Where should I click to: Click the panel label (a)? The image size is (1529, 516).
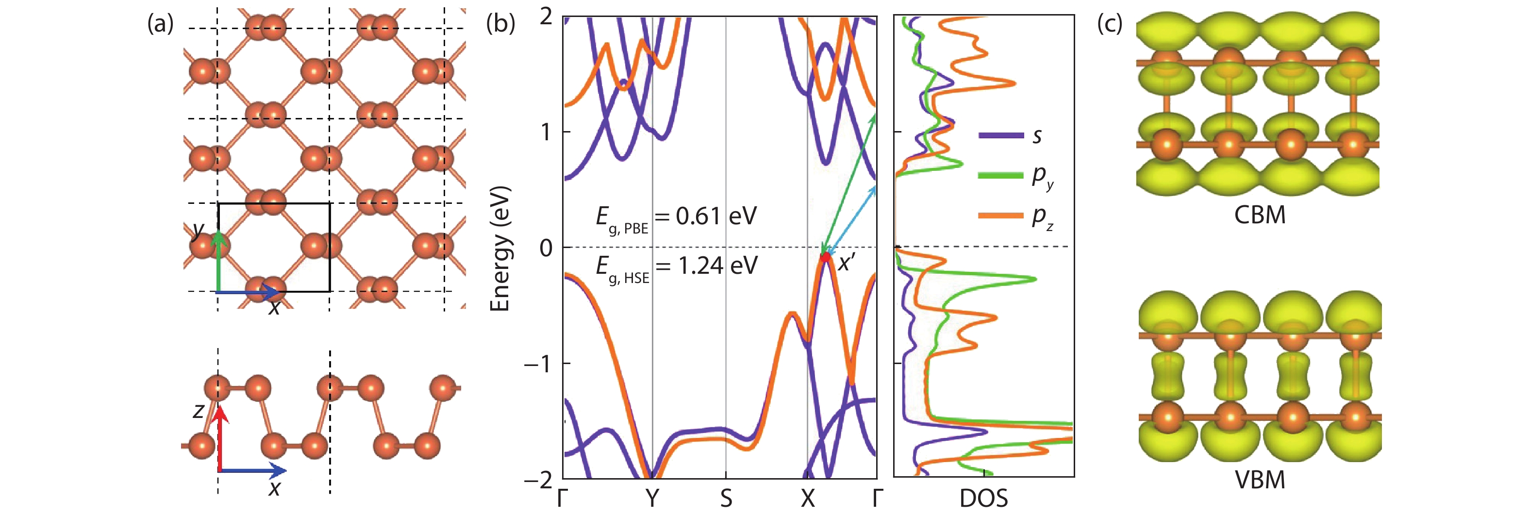160,24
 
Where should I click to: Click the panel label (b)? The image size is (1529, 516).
500,24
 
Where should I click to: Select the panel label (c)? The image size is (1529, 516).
1109,24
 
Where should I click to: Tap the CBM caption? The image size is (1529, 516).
1260,215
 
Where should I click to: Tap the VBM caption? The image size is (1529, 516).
1260,480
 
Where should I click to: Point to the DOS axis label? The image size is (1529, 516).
983,499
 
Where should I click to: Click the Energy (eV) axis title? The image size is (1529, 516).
500,248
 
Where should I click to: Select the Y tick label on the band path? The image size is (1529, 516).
652,499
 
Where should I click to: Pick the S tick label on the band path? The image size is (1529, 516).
726,499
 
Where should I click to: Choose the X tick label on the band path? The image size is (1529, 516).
807,499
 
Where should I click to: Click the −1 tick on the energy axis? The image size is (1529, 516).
538,364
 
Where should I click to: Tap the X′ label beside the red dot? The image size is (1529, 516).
847,263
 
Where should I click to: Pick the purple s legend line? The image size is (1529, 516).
1001,135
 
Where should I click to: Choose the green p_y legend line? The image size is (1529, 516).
1001,175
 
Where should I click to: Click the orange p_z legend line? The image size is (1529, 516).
1001,216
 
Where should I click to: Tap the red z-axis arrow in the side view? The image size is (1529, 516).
221,439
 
